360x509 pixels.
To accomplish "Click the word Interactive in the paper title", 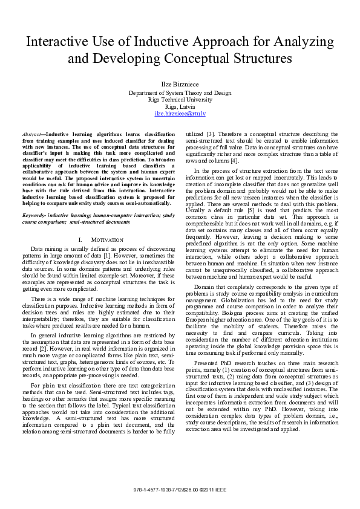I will (x=57, y=43).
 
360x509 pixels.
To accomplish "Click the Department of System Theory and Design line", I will (x=180, y=93).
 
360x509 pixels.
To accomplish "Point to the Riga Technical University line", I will (x=180, y=100).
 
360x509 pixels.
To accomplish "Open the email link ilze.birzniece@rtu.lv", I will (x=180, y=114).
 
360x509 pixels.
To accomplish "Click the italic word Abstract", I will (x=32, y=132).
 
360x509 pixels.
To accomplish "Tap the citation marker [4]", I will (x=234, y=160).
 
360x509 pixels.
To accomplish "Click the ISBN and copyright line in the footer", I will (x=180, y=488).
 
